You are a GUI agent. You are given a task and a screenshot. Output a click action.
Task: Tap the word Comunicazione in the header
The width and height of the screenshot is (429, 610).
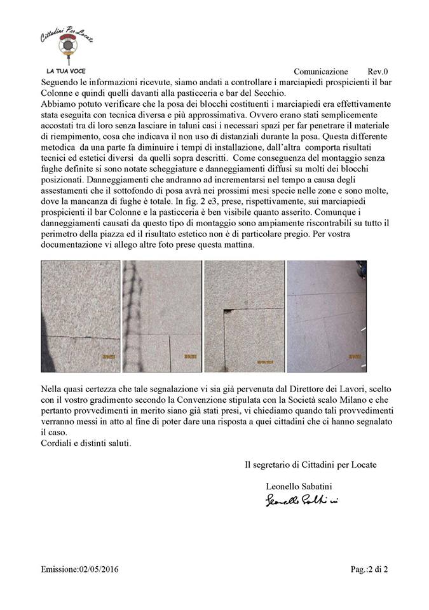[x=321, y=72]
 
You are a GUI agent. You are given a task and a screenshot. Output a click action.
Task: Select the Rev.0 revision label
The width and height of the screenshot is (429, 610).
[x=378, y=72]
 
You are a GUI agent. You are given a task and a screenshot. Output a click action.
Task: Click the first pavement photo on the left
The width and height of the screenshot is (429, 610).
[x=80, y=316]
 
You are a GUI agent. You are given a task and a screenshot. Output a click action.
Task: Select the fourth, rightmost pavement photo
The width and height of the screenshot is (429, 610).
[x=327, y=316]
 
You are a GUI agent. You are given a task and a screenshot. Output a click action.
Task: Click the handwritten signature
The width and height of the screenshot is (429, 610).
[x=302, y=501]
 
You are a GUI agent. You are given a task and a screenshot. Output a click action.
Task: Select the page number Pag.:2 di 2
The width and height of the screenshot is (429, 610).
[x=369, y=569]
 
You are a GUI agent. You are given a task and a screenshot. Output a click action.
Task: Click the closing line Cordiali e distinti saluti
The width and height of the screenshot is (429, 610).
[x=86, y=443]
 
